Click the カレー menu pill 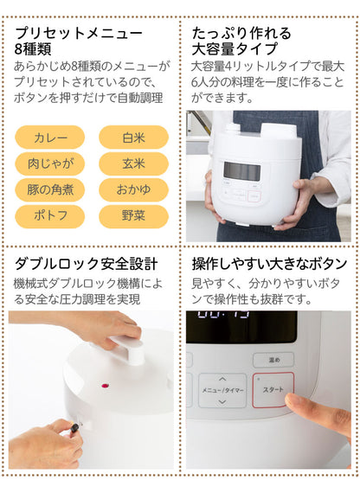tap(50, 137)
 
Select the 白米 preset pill tap(133, 137)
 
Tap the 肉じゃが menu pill tap(50, 163)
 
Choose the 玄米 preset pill tap(133, 163)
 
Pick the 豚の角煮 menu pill tap(50, 189)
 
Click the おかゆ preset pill tap(133, 189)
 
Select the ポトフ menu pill tap(50, 214)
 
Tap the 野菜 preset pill tap(133, 214)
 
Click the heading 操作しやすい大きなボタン tap(268, 262)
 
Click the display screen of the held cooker tap(241, 170)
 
